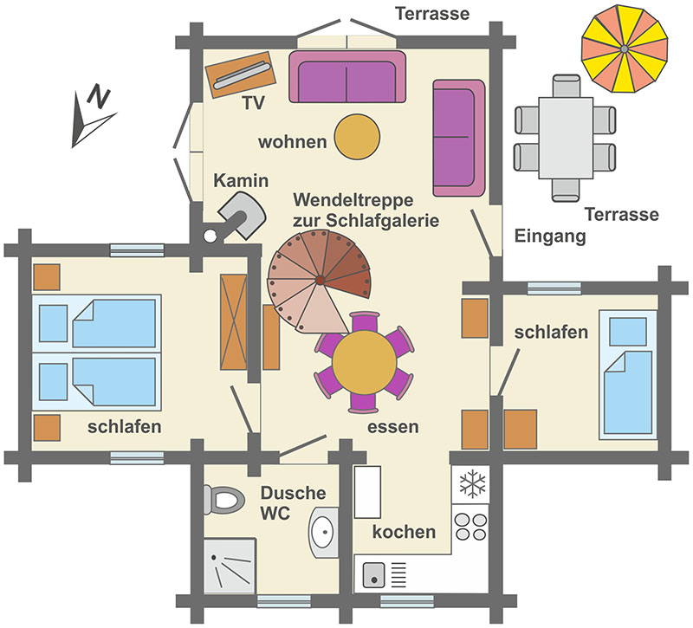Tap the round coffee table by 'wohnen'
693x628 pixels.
coord(357,137)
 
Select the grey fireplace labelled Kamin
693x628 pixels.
coord(243,215)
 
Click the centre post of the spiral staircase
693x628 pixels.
coord(320,279)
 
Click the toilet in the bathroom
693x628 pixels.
coord(224,500)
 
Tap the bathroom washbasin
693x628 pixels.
coord(323,532)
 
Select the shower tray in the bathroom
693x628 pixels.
coord(230,566)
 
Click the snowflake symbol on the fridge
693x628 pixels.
coord(472,484)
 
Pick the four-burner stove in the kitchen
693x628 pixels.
coord(470,526)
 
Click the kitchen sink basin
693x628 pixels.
coord(374,575)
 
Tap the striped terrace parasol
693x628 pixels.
coord(624,49)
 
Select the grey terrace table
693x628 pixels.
coord(566,138)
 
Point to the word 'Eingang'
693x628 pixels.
coord(550,236)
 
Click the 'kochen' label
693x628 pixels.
coord(404,532)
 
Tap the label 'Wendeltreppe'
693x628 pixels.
coord(353,200)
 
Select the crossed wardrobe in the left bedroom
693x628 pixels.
coord(234,321)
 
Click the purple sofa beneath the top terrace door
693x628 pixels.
coord(347,76)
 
